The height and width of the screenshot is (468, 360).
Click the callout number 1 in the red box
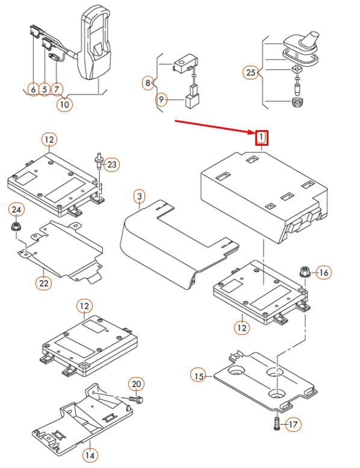(x=262, y=137)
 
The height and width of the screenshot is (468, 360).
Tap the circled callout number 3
(x=139, y=197)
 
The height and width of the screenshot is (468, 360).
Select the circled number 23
(x=112, y=164)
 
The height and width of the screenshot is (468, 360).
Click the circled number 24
(x=16, y=210)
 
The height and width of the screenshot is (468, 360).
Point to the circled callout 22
(x=43, y=282)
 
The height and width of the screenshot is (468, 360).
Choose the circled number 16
(x=324, y=272)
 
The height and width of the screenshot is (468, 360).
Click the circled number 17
(x=293, y=425)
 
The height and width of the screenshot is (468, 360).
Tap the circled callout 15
(x=199, y=376)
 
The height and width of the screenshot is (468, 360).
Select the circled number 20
(x=136, y=384)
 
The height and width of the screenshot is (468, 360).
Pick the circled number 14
(x=90, y=455)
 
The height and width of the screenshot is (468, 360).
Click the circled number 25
(x=251, y=72)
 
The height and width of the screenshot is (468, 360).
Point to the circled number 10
(x=64, y=104)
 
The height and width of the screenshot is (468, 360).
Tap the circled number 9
(x=161, y=99)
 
